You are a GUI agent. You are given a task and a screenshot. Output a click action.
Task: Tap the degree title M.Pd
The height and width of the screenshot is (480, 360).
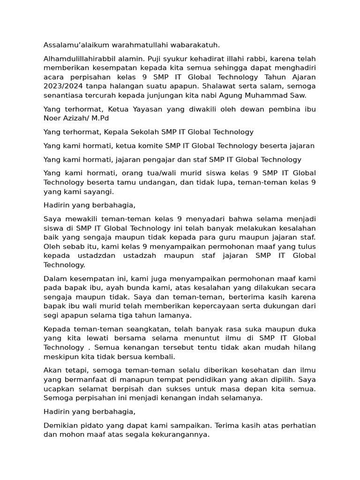[103, 118]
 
